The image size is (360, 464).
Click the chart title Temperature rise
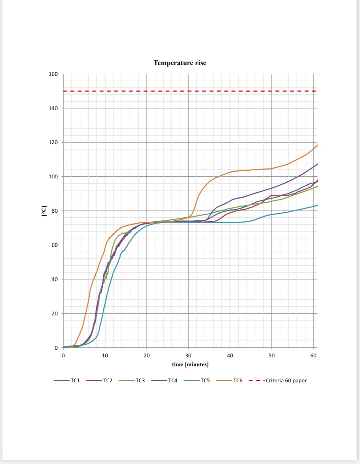coord(180,63)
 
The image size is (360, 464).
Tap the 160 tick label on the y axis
coord(53,74)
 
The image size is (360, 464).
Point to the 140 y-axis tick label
coord(53,108)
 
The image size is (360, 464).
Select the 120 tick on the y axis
coord(53,142)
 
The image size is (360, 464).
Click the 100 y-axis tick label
coord(53,176)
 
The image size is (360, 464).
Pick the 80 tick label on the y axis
coord(55,211)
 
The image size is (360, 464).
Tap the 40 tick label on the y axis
coord(55,279)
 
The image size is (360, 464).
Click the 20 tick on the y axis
coord(55,313)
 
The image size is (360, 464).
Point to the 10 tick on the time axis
coord(105,356)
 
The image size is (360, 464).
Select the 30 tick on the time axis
coord(188,356)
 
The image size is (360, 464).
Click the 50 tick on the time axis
coord(272,356)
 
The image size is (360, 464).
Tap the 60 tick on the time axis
coord(313,356)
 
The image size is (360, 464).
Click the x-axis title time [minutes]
coord(190,364)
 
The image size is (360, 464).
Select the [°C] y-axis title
coord(44,211)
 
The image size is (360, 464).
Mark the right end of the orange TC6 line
coord(317,145)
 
